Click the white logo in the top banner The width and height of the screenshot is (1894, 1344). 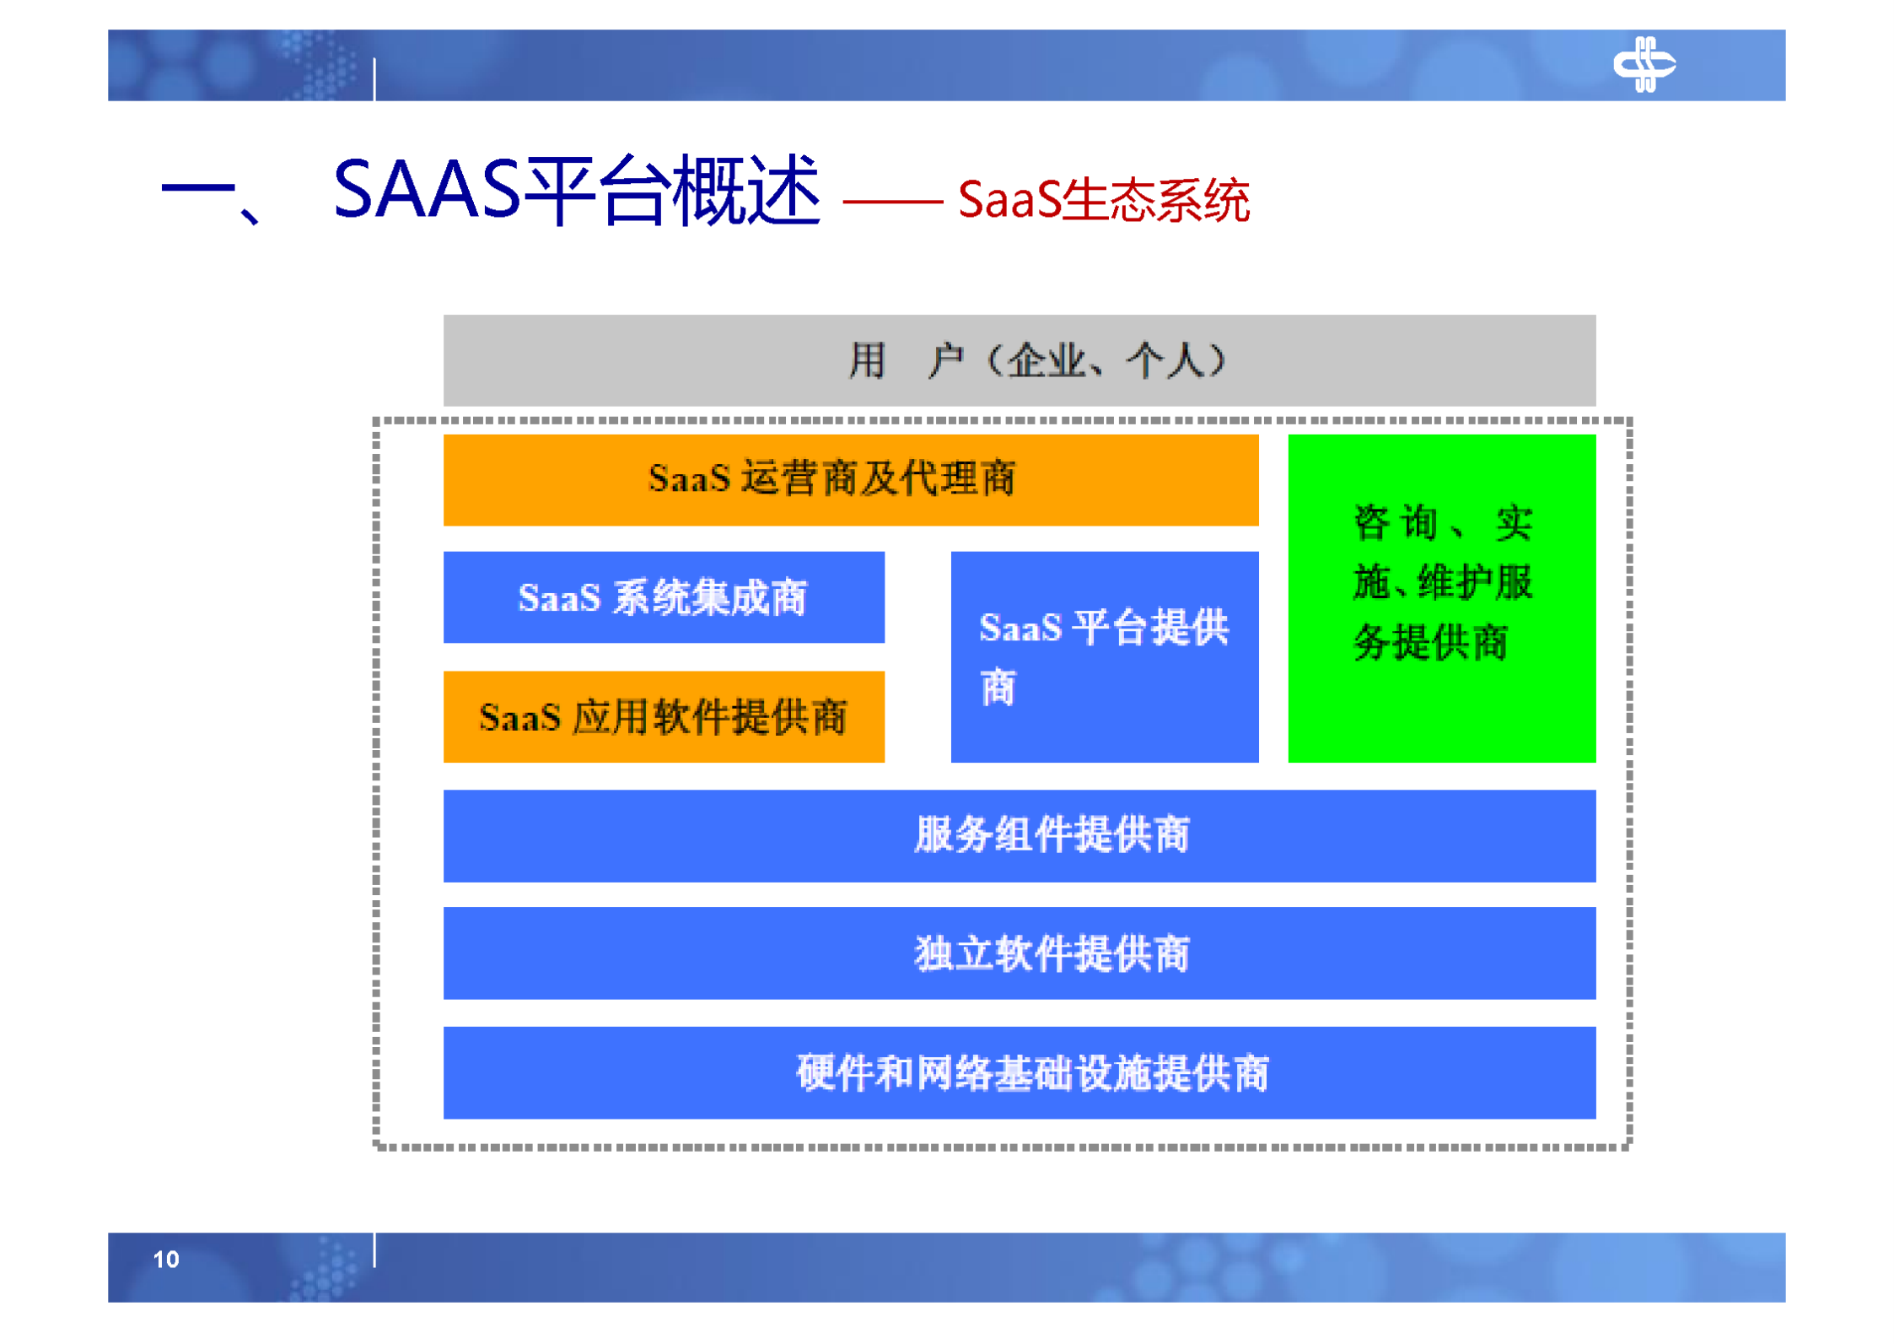point(1643,64)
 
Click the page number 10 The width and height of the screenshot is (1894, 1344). point(166,1259)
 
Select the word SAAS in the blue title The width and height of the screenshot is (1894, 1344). point(427,191)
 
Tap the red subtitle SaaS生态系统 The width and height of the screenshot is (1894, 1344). point(1103,201)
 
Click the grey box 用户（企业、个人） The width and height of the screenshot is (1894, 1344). point(1019,360)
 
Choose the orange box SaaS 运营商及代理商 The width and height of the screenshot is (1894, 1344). point(850,479)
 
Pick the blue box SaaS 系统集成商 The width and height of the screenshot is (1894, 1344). point(663,597)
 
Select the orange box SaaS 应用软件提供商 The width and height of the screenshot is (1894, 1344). point(663,717)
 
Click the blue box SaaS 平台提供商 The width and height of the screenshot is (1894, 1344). point(1104,656)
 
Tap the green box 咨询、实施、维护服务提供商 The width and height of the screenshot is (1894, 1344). point(1441,597)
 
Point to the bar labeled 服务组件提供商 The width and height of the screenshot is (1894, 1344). point(1019,835)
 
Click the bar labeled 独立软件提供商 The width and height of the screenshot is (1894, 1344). point(1019,953)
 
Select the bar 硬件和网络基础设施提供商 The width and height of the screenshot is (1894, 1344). point(1019,1072)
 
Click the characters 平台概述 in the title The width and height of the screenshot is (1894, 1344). point(671,191)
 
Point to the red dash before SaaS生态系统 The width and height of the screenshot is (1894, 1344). point(891,202)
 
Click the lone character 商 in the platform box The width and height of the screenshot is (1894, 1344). point(998,687)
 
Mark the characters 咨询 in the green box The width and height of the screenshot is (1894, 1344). point(1395,523)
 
